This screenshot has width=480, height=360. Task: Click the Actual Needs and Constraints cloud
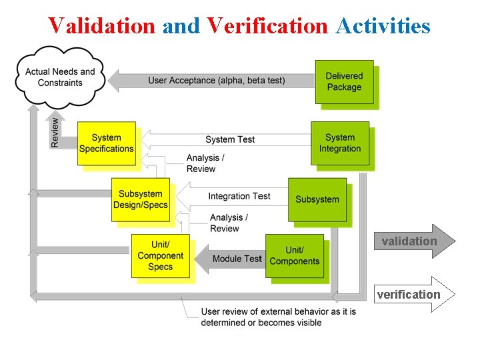coord(60,77)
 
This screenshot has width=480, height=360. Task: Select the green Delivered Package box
coord(344,81)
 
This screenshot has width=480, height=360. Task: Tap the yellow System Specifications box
coord(107,143)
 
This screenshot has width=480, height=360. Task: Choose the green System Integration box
coord(340,143)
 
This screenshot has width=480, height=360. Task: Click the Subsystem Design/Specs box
coord(140,199)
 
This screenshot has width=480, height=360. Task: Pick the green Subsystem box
coord(317,199)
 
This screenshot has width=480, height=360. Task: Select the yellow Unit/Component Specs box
coord(160,256)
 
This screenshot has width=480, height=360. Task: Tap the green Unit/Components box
coord(294,256)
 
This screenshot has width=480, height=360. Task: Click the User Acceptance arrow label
coord(216,81)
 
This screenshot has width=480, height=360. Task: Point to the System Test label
coord(230,139)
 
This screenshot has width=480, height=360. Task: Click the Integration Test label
coord(239,196)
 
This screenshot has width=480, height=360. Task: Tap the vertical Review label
coord(55,132)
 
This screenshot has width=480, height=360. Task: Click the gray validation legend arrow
coord(413,241)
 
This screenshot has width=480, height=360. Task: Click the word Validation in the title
coord(101,25)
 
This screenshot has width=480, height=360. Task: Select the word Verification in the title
coord(267,25)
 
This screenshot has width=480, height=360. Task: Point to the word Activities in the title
coord(383,25)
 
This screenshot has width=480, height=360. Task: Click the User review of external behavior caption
coord(279,317)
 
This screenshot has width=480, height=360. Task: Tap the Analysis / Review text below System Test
coord(205,163)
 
